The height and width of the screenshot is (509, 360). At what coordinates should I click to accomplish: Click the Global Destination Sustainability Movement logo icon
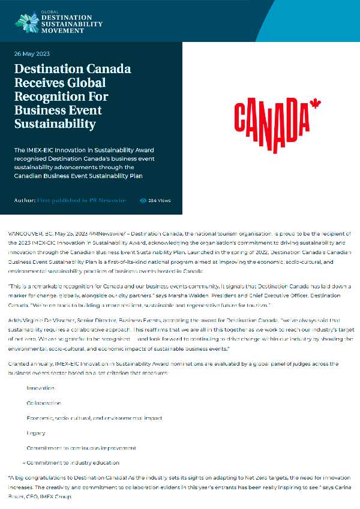26,22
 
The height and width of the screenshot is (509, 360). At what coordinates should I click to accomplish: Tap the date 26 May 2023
32,54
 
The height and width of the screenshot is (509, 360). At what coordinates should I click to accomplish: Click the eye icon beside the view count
143,200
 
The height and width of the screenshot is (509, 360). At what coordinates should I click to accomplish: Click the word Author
23,200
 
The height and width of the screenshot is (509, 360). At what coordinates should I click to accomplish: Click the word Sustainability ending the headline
55,124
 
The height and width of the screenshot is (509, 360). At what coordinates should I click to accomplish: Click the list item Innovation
40,388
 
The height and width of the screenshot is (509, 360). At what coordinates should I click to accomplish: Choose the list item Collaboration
44,403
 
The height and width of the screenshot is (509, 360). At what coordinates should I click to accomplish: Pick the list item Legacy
36,433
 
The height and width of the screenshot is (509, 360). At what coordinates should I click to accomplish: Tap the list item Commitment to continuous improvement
81,448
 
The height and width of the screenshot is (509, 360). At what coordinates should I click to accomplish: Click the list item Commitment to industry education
73,463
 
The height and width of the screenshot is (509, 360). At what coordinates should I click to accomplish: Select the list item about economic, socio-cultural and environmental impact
94,418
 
